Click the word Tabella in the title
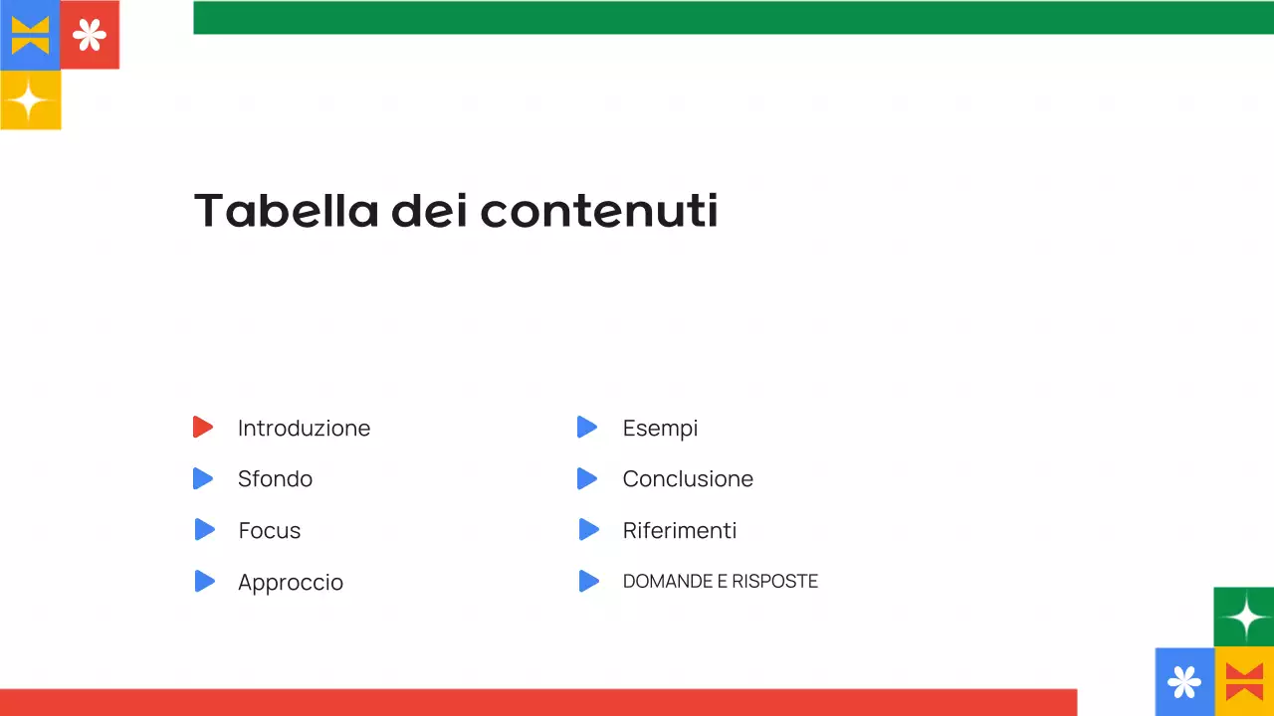coord(286,210)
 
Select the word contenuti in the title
coord(599,210)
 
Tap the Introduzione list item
coord(304,429)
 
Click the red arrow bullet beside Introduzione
coord(203,428)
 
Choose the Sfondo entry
coord(275,479)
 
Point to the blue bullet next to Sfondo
coord(203,478)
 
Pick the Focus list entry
coord(269,531)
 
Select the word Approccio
coord(291,583)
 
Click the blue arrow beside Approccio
coord(204,582)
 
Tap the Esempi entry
coord(660,429)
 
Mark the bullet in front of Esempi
coord(587,428)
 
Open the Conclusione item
coord(688,479)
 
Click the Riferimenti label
coord(680,531)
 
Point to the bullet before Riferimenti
coord(588,530)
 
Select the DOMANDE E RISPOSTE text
coord(721,582)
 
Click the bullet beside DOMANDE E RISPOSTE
coord(588,582)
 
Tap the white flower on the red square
coord(90,36)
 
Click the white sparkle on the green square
coord(1244,618)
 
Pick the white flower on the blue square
coord(1184,682)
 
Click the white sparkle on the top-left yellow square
coord(30,100)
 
